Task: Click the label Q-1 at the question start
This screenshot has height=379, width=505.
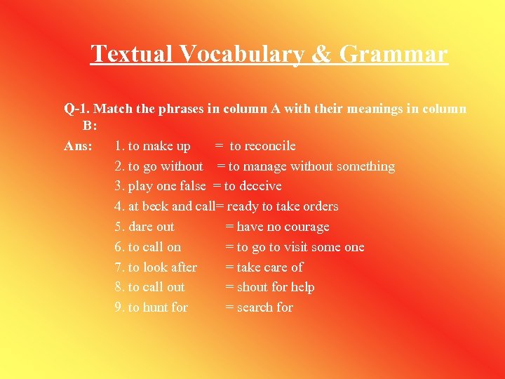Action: (76, 109)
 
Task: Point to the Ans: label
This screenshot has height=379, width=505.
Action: (78, 146)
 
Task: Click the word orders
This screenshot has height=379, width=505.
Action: (320, 206)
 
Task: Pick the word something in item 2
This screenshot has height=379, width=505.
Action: (365, 166)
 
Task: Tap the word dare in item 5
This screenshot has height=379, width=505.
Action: (140, 227)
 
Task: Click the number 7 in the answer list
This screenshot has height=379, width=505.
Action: (118, 267)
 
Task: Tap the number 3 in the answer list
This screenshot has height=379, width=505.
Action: (118, 186)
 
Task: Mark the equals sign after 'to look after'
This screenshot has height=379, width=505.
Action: (229, 267)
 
